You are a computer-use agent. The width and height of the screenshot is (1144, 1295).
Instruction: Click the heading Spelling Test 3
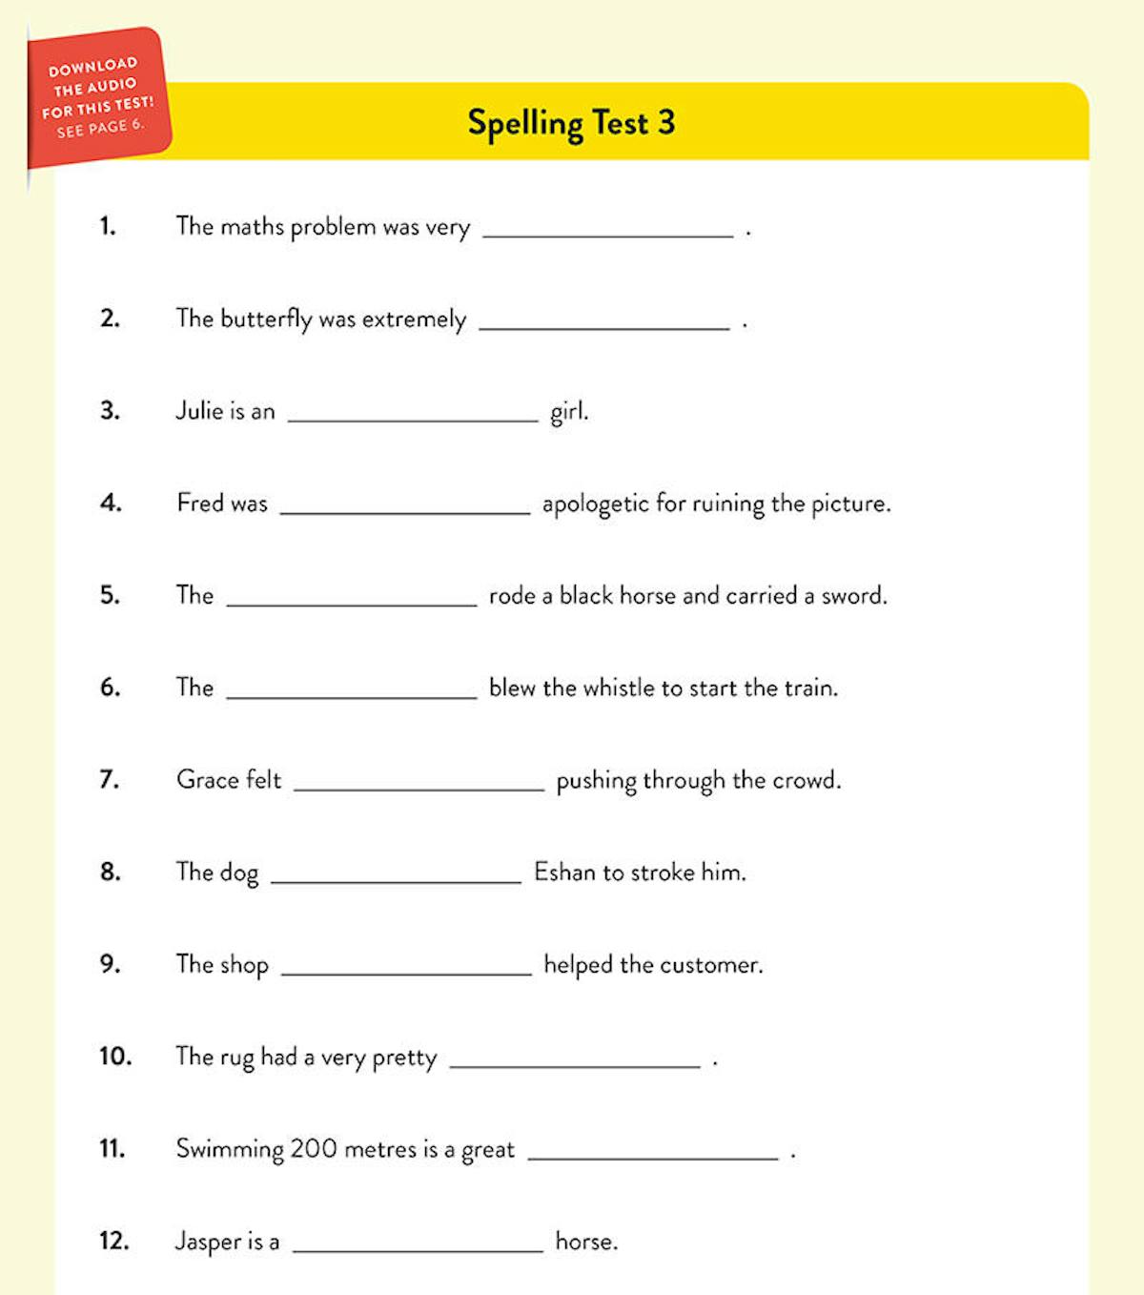tap(571, 123)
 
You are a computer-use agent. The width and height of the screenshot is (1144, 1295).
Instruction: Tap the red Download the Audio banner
tap(97, 98)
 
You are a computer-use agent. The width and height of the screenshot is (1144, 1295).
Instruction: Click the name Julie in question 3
tap(198, 411)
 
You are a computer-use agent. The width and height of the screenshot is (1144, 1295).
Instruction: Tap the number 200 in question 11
tap(314, 1149)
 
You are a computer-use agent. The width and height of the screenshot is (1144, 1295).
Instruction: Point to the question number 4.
tap(111, 503)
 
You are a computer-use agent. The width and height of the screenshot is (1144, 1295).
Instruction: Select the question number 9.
tap(111, 964)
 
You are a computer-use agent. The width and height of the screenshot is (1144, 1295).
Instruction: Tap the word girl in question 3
tap(569, 412)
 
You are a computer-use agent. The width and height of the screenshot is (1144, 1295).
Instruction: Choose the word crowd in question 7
tap(806, 780)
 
